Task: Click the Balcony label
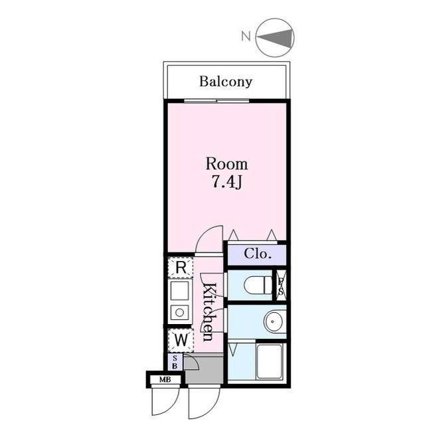click(226, 82)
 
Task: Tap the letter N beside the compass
click(246, 37)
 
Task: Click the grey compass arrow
click(275, 38)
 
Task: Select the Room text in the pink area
click(226, 164)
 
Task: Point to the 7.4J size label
click(226, 182)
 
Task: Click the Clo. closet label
click(258, 254)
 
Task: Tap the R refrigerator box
click(181, 268)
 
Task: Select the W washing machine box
click(181, 339)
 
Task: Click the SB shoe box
click(175, 362)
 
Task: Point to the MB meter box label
click(165, 380)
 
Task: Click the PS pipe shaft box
click(281, 285)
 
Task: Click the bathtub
click(270, 361)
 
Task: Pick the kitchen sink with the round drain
click(179, 312)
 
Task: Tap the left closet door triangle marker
click(233, 235)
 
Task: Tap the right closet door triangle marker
click(272, 235)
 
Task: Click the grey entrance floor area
click(205, 369)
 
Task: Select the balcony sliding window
click(216, 101)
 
